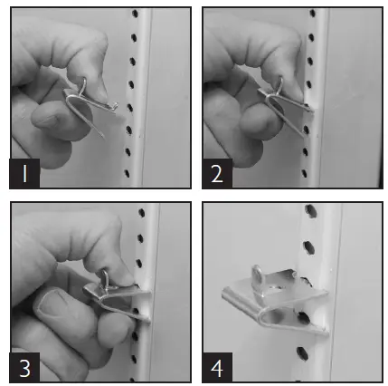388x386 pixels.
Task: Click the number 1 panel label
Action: [24, 173]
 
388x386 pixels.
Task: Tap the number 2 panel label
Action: [217, 173]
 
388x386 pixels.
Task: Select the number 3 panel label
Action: [24, 368]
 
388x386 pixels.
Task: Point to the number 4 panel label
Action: [217, 368]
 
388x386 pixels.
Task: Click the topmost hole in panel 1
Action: [135, 14]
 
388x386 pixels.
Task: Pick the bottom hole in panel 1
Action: [127, 174]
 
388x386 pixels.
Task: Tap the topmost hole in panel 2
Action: [313, 13]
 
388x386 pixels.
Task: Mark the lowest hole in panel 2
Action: [304, 173]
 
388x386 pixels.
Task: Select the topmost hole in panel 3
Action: [141, 213]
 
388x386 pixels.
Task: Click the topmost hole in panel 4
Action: [310, 210]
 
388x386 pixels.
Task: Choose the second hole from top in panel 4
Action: [308, 247]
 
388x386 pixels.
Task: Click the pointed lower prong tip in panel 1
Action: [103, 137]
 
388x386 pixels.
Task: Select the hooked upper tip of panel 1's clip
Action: [116, 105]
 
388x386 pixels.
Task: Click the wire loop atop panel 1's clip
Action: [83, 86]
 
